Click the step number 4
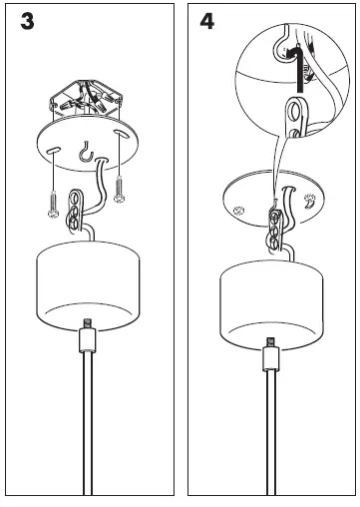tap(205, 21)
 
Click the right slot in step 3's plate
tap(119, 134)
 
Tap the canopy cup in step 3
tap(88, 285)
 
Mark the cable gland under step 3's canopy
tap(88, 339)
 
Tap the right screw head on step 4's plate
tap(311, 201)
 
